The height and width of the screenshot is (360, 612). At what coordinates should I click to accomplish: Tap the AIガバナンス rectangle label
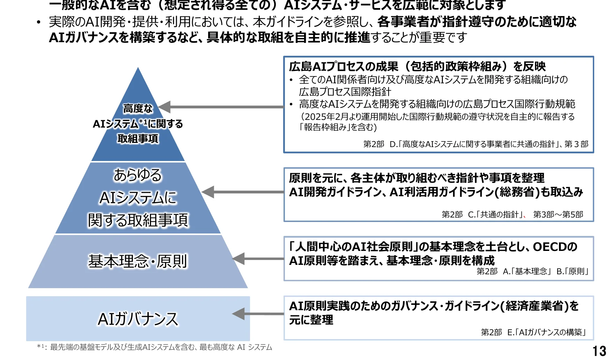[138, 319]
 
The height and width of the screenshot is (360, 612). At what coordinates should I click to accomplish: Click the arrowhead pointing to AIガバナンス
[239, 314]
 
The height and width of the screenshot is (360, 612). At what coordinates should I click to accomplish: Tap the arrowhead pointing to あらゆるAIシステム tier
[208, 192]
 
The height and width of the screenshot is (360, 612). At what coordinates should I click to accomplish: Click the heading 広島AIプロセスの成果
[343, 66]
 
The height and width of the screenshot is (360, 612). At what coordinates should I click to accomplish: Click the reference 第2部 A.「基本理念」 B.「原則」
[533, 271]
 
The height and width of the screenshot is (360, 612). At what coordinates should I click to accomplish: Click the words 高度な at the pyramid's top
[138, 109]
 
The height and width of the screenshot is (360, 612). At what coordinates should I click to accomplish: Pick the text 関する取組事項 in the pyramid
[138, 220]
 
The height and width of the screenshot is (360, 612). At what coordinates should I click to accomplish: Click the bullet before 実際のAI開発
[39, 22]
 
